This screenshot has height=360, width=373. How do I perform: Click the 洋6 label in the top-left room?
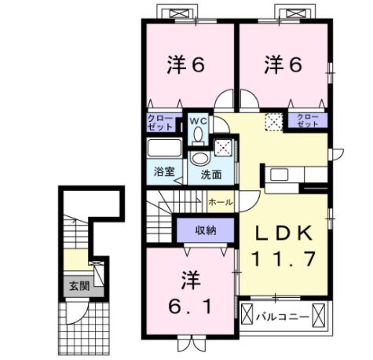point(185,65)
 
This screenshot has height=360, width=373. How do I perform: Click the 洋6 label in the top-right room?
point(283,65)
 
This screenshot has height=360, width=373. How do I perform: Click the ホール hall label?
point(221,202)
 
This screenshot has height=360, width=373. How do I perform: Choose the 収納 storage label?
point(206,230)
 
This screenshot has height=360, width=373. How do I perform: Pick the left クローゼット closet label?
point(161,122)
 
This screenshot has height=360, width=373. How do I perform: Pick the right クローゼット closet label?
point(308,121)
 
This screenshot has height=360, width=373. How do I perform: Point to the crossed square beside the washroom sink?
point(224,146)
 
